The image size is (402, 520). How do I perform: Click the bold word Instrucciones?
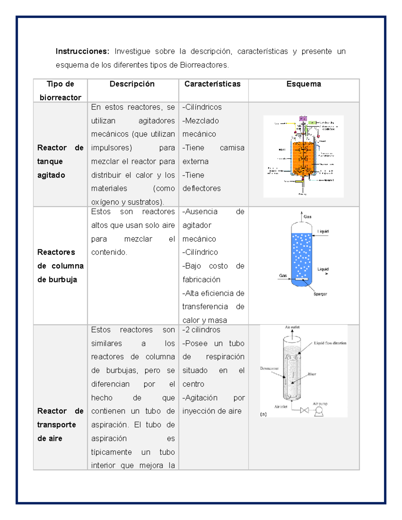[x=82, y=52]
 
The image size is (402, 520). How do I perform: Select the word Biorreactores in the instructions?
[x=204, y=65]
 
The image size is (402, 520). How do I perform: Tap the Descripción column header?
[x=132, y=84]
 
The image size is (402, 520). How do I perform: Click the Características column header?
[x=212, y=84]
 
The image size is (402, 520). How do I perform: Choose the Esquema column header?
[x=304, y=84]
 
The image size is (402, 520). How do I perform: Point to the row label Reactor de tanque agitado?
[x=60, y=161]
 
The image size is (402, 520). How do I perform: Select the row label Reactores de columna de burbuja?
[x=60, y=266]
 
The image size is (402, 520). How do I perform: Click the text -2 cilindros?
[x=201, y=330]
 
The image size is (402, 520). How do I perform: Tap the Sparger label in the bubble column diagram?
[x=320, y=294]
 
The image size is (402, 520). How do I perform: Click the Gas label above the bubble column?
[x=308, y=217]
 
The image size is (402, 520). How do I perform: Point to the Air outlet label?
[x=292, y=327]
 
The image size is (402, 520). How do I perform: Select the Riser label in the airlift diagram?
[x=312, y=374]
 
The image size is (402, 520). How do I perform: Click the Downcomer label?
[x=269, y=368]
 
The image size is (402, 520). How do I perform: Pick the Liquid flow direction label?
[x=330, y=343]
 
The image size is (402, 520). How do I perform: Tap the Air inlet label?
[x=281, y=407]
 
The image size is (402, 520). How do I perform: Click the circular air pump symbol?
[x=319, y=411]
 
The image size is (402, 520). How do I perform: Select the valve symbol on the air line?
[x=304, y=410]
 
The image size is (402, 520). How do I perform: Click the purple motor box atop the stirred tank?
[x=303, y=119]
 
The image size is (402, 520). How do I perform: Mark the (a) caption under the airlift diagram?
[x=263, y=414]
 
